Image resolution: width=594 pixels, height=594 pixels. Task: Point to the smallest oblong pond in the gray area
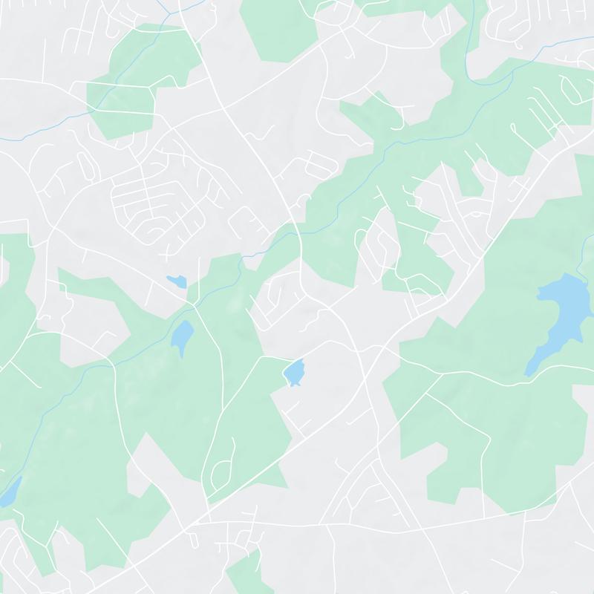[176, 281]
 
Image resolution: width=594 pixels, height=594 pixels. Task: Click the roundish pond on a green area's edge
[295, 372]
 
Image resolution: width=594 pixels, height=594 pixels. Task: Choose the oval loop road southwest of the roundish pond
[222, 471]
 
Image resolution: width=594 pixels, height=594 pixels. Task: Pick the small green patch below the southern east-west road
[245, 572]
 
